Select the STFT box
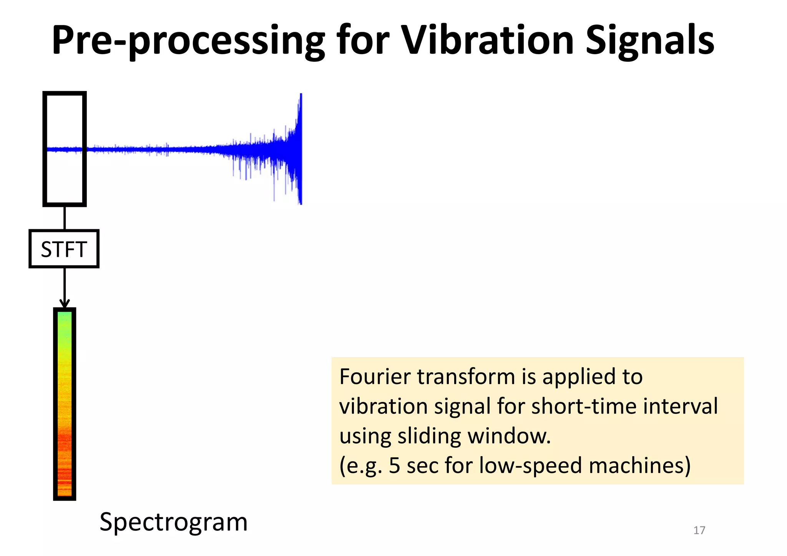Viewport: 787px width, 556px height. point(64,249)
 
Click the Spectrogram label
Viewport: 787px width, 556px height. point(173,522)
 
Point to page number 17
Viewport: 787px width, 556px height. point(699,530)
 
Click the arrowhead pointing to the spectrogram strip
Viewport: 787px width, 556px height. point(65,303)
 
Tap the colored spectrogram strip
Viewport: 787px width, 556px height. point(65,403)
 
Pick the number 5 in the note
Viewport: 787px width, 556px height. point(395,466)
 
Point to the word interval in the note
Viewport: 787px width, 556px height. point(680,407)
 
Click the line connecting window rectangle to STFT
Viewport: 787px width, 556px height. point(65,218)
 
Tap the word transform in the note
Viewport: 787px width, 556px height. point(466,377)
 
